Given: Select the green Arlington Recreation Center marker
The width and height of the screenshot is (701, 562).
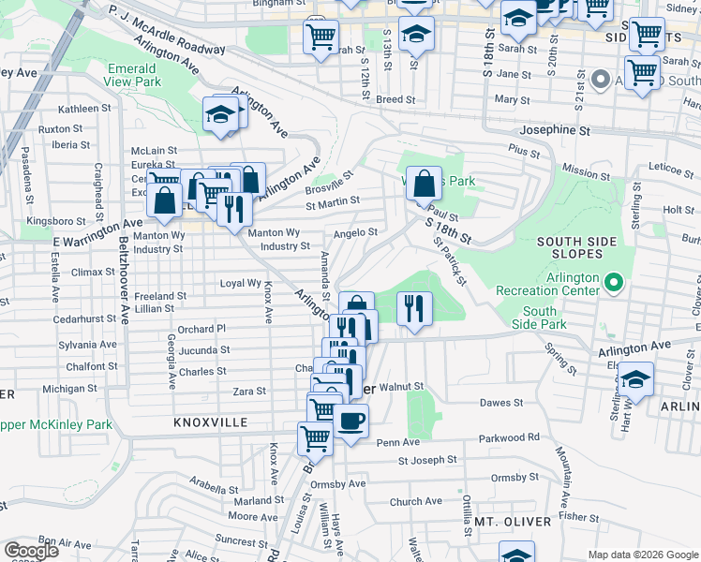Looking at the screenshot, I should pos(614,281).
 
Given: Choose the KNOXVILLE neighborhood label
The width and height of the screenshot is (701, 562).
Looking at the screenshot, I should pos(211,422).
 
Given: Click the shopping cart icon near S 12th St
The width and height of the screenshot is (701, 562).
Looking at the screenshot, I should pos(321,37).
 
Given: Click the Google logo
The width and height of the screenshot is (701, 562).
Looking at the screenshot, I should pos(31,551).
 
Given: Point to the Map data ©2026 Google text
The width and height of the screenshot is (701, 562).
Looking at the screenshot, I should pos(642,555).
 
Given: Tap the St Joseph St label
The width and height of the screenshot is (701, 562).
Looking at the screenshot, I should pos(426,460).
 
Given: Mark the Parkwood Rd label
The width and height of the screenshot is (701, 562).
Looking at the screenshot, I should pos(509,436).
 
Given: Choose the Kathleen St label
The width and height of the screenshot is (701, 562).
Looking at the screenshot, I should pos(83,109).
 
